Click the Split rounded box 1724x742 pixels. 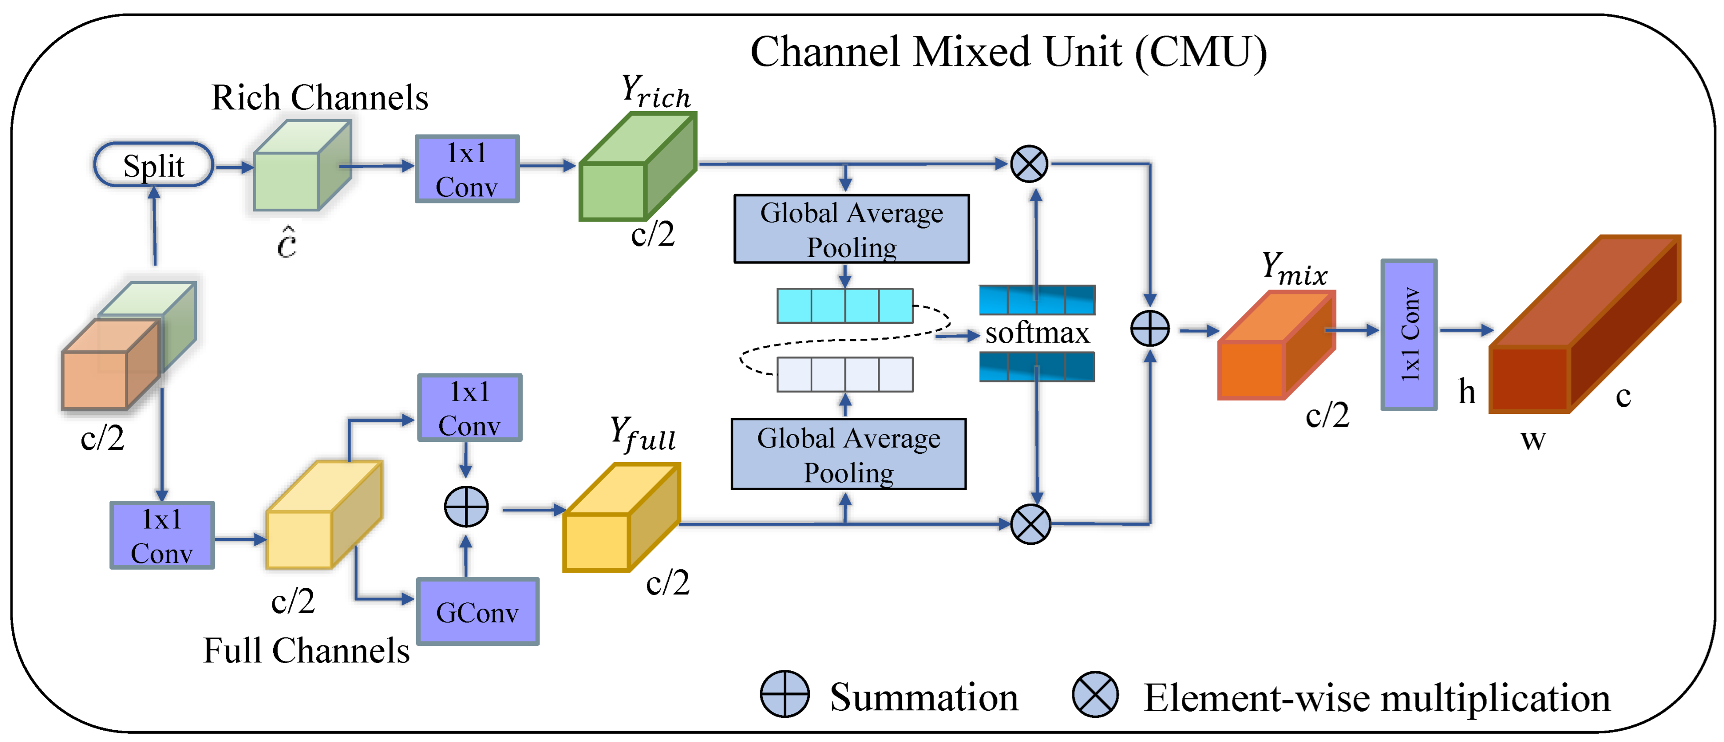click(153, 165)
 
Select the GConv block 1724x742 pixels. click(477, 612)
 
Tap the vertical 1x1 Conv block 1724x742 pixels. click(1409, 334)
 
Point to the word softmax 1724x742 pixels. click(1037, 333)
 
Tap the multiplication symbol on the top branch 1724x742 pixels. click(1029, 164)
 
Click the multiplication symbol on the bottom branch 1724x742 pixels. click(1030, 524)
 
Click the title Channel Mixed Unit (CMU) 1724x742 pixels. click(1008, 52)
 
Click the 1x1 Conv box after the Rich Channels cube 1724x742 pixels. click(467, 169)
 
